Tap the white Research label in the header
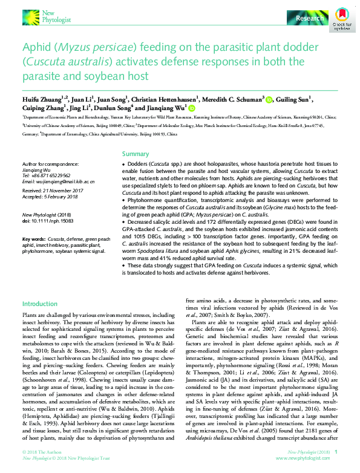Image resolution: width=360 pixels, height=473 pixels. click(309, 19)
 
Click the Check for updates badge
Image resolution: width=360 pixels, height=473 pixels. click(342, 18)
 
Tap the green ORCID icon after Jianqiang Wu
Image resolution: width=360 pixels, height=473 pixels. click(192, 108)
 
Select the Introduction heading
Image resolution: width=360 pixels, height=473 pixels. click(40, 303)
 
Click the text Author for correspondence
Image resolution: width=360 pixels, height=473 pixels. click(49, 165)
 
